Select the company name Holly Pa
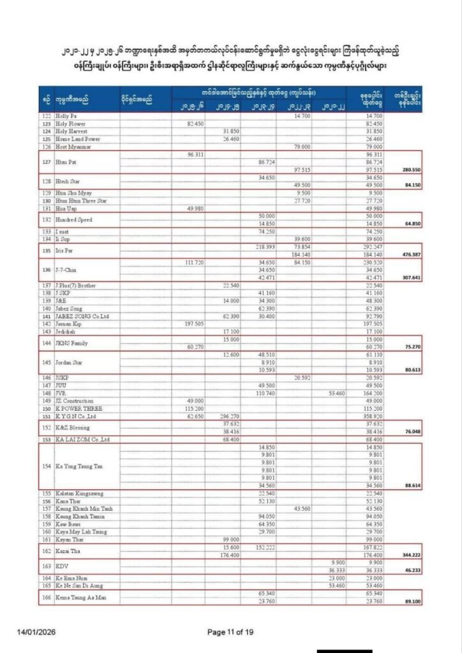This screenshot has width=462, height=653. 66,115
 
